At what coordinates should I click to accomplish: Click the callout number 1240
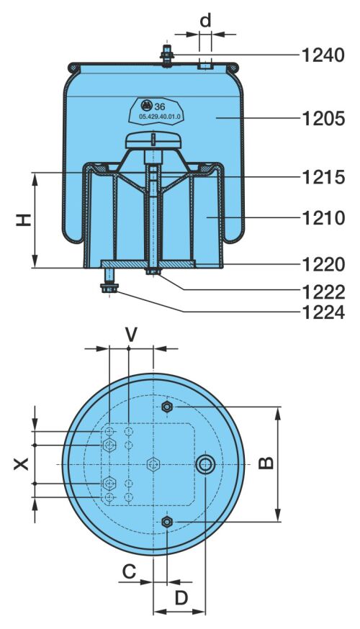[x=323, y=55]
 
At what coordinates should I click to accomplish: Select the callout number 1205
[x=323, y=118]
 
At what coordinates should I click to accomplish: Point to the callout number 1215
[x=323, y=177]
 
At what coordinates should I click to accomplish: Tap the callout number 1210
[x=323, y=218]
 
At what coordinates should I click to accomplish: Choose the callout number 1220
[x=323, y=264]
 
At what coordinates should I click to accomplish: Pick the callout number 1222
[x=323, y=292]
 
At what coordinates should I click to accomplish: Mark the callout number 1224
[x=323, y=312]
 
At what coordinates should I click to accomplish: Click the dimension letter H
[x=24, y=220]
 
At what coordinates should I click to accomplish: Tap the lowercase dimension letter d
[x=205, y=20]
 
